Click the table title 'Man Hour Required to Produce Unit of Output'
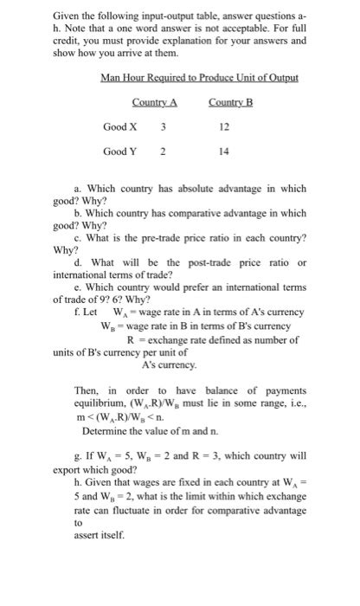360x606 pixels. coord(199,79)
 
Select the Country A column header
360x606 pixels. coord(154,105)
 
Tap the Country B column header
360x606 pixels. coord(230,105)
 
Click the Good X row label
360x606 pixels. coord(120,127)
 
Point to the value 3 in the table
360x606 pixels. coord(163,127)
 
